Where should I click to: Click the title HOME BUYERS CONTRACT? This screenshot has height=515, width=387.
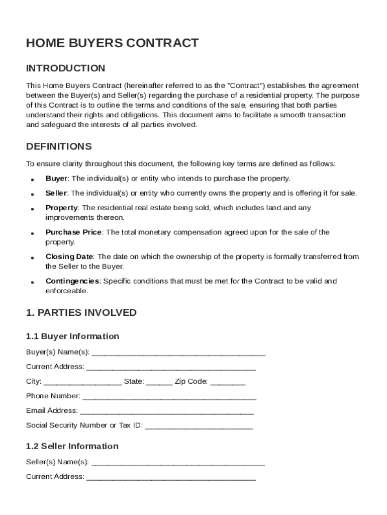112,43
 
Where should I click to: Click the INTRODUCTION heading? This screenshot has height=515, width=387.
65,68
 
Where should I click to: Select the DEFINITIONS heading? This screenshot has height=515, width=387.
59,147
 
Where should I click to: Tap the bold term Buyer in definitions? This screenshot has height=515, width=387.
56,179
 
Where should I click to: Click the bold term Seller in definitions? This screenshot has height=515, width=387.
56,193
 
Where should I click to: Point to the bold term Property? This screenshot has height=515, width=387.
61,208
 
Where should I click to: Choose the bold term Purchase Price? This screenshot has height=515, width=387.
73,232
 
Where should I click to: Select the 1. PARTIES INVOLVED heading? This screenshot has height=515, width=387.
81,313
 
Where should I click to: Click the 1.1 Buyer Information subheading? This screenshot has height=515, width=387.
72,336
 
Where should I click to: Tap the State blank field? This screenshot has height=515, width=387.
159,383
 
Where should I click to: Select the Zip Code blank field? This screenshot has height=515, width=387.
228,383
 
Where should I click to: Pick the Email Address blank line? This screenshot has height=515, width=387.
167,412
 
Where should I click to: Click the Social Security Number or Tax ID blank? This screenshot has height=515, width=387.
199,427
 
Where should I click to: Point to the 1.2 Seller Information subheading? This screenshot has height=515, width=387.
72,447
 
